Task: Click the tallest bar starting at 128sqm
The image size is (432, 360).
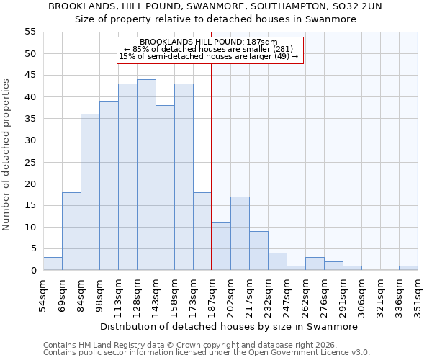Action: (146, 175)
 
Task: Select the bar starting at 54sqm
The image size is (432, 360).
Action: (53, 264)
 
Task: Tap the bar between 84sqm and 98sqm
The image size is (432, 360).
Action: (90, 192)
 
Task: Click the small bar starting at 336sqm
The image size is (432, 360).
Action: (408, 268)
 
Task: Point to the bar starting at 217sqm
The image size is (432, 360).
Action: (258, 251)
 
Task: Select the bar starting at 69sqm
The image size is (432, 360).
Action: (71, 231)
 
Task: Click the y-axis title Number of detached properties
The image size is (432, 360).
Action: (7, 155)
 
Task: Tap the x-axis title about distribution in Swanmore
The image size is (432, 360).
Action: (229, 326)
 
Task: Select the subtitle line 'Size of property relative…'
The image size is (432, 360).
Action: (216, 19)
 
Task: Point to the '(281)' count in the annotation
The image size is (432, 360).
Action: (282, 49)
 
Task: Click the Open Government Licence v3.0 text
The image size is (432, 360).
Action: (310, 353)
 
